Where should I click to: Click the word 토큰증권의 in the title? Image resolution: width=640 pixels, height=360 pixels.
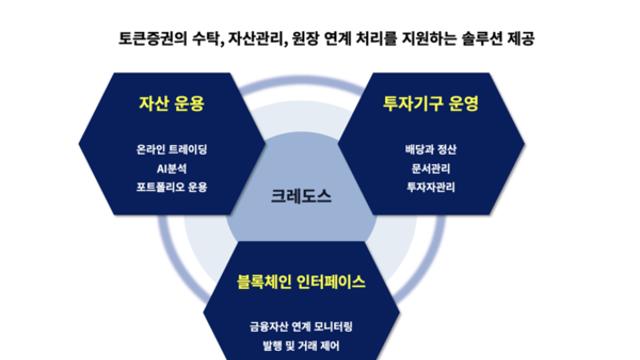[153, 39]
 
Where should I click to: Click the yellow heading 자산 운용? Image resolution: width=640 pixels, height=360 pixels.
[171, 103]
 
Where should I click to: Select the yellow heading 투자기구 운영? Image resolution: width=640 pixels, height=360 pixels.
[431, 103]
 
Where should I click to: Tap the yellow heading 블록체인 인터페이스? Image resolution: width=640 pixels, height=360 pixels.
[301, 282]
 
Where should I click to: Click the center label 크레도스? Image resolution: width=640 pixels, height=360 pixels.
[301, 196]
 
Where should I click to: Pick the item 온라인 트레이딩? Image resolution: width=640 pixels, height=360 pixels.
[171, 149]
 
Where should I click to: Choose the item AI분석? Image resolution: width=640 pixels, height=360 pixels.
[171, 168]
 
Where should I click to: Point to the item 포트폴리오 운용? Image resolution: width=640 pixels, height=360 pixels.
[171, 187]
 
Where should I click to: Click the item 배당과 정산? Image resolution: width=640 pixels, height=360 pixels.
[431, 149]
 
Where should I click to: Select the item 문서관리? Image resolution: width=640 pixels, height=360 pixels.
[431, 168]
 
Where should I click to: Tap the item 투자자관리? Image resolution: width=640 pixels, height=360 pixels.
[431, 187]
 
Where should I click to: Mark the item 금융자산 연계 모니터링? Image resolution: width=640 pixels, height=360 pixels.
[301, 327]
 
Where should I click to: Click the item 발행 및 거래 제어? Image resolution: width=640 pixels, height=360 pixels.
[301, 346]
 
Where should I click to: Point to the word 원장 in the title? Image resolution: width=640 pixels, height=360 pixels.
[305, 39]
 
